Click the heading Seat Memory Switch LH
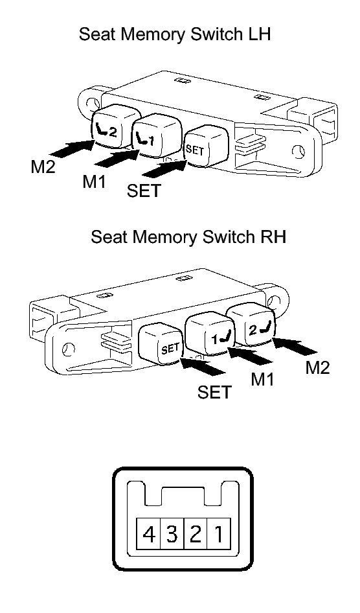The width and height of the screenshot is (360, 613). (x=175, y=34)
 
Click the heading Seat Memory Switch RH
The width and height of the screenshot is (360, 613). (x=188, y=237)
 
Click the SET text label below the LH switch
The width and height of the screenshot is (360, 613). (x=144, y=191)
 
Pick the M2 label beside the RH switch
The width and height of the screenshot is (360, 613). (x=317, y=367)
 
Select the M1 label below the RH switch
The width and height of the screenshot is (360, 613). (x=262, y=379)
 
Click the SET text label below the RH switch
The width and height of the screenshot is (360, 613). (x=215, y=392)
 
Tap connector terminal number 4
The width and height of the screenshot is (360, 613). (x=148, y=534)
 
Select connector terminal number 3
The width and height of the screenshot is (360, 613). (x=172, y=534)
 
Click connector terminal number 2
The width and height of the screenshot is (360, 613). (x=195, y=534)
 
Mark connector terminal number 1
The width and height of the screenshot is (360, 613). (x=218, y=534)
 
